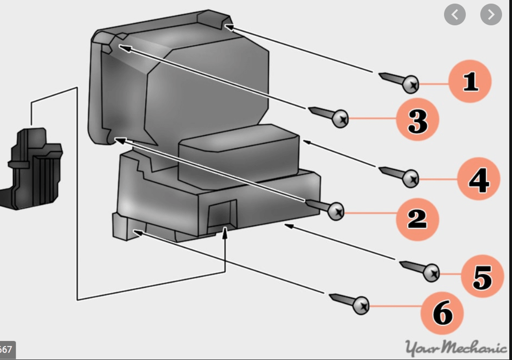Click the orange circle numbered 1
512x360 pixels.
tap(470, 81)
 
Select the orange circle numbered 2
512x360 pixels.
tap(417, 219)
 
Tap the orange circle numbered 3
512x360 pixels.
tap(417, 120)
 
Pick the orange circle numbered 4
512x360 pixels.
tap(478, 180)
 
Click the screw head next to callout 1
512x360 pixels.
tap(411, 85)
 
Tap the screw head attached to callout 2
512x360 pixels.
tap(336, 211)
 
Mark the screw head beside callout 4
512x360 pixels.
tap(411, 179)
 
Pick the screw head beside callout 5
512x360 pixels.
tap(431, 273)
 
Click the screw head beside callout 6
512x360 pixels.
tap(361, 305)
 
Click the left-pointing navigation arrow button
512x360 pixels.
tap(455, 15)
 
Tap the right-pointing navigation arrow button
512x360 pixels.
tap(491, 15)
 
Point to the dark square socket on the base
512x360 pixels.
tap(221, 214)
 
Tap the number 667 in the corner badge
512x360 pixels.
tap(6, 350)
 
